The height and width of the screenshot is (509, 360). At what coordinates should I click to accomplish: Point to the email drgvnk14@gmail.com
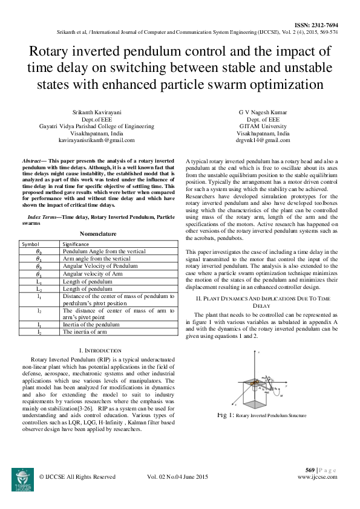(x=263, y=140)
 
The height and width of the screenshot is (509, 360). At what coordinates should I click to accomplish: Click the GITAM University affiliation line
(x=263, y=126)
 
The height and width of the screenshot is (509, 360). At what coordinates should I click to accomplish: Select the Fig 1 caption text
(x=262, y=416)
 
